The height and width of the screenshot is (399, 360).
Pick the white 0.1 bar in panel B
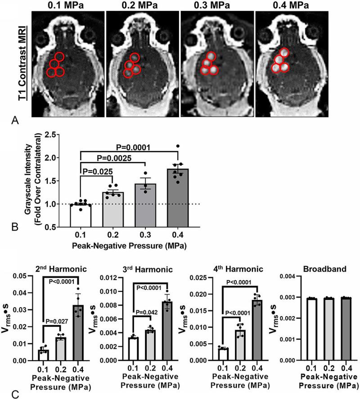tap(81, 215)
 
